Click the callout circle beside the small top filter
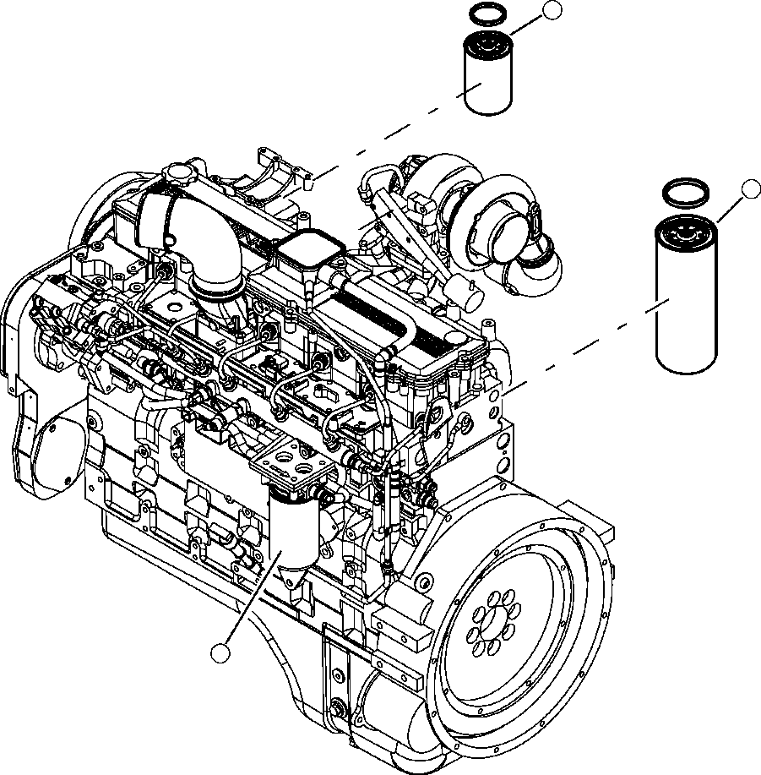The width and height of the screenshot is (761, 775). [552, 10]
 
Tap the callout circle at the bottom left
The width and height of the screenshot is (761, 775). [220, 652]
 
